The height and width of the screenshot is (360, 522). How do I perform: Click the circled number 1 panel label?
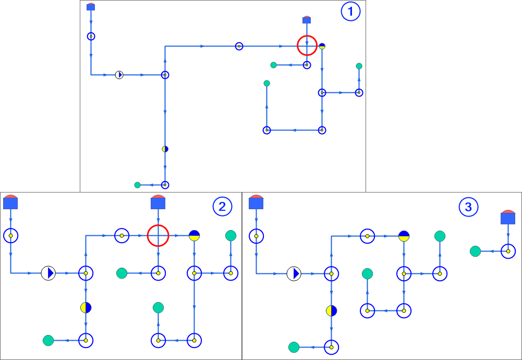(x=350, y=11)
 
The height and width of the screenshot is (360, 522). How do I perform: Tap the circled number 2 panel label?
(x=222, y=207)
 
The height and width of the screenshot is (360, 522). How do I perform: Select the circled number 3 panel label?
(x=468, y=207)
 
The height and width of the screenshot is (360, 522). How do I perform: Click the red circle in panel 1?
(x=307, y=46)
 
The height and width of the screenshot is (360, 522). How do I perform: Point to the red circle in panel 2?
(x=158, y=236)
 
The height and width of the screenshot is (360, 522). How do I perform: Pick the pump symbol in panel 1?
(x=119, y=75)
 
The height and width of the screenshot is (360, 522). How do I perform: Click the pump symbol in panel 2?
(x=48, y=272)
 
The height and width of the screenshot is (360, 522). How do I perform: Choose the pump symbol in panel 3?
(x=294, y=273)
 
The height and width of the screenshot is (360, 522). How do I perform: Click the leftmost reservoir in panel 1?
(x=91, y=7)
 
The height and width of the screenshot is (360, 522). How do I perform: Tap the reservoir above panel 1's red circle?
(x=307, y=20)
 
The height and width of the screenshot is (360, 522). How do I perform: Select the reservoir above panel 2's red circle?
(x=158, y=202)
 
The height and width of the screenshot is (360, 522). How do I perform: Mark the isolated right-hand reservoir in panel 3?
(x=508, y=218)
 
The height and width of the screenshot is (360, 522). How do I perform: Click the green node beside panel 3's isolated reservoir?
(x=475, y=251)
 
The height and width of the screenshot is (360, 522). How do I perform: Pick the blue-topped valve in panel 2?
(x=195, y=236)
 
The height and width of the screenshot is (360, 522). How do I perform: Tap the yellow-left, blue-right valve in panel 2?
(x=86, y=307)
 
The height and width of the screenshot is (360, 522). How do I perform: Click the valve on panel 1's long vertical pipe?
(x=165, y=149)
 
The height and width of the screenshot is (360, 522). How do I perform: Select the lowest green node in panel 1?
(x=137, y=185)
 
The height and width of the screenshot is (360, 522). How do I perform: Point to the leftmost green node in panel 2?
(x=48, y=341)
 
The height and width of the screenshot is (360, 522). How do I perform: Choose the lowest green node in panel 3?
(x=294, y=347)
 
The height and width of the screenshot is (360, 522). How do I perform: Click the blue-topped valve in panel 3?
(x=404, y=236)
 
